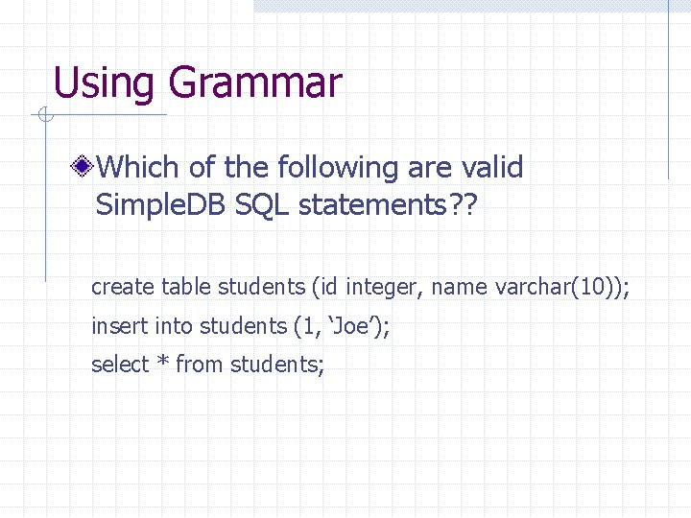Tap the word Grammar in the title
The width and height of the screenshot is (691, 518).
(254, 83)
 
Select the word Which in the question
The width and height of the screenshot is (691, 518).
(138, 168)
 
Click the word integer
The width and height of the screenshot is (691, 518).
(379, 287)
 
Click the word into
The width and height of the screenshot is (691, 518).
(174, 326)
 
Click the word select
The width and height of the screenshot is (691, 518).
(120, 365)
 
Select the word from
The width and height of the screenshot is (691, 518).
(200, 365)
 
